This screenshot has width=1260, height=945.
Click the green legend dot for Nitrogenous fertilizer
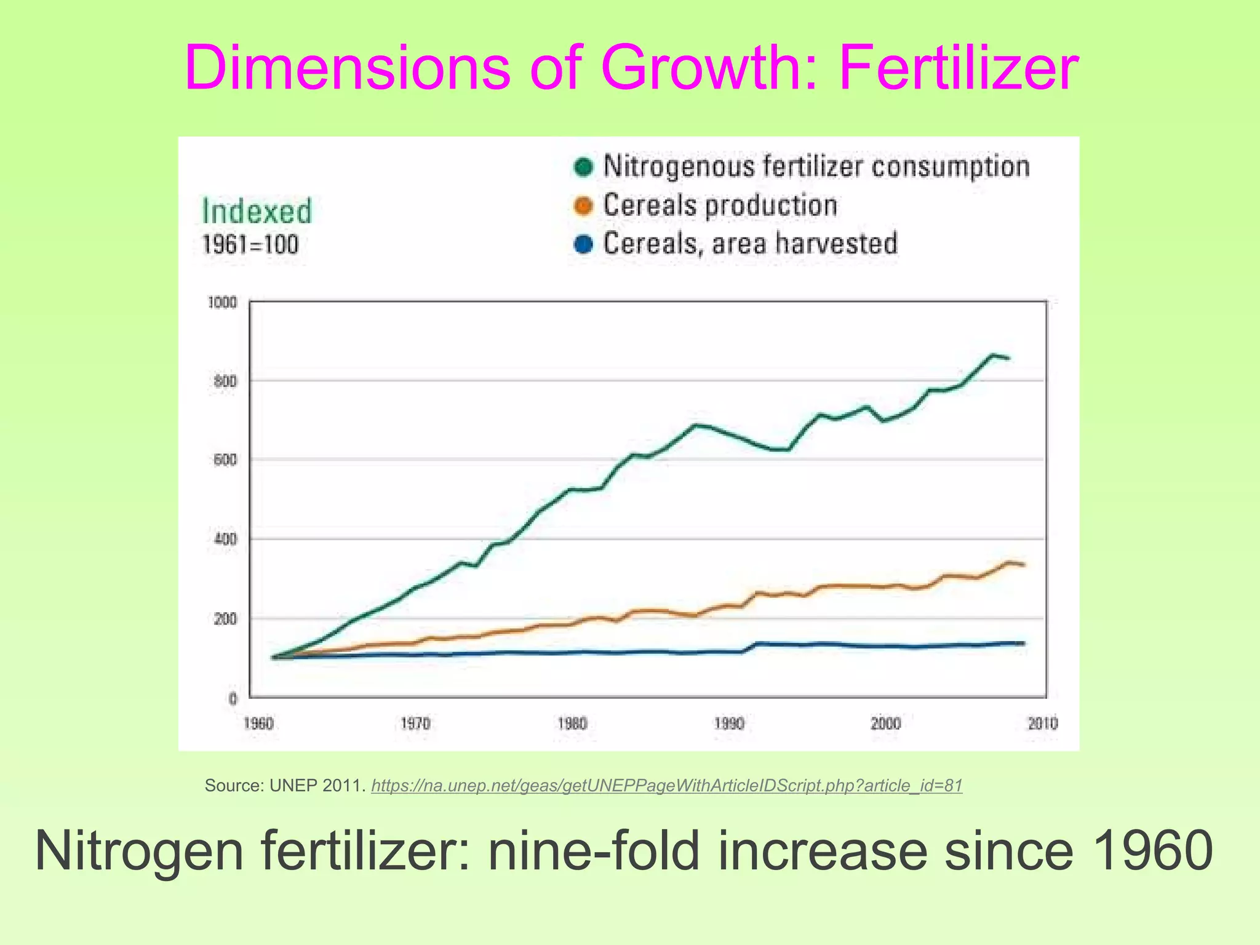[583, 167]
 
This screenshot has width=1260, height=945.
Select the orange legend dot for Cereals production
[583, 206]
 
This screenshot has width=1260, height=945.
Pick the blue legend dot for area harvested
[583, 244]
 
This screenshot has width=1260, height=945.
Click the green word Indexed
[257, 212]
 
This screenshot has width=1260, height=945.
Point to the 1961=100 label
[250, 245]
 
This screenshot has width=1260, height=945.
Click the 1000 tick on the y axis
[222, 303]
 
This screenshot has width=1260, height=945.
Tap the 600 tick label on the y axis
[225, 460]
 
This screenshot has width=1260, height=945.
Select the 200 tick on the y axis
[225, 619]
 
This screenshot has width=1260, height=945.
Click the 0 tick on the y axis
[233, 698]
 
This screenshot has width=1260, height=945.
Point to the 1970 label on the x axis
[415, 724]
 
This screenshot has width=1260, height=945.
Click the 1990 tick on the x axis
[729, 724]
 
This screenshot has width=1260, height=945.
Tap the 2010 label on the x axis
[1043, 724]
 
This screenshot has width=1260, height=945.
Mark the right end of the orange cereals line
[1023, 565]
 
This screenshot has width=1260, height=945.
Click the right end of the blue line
[1023, 644]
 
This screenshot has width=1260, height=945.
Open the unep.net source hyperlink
[667, 786]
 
